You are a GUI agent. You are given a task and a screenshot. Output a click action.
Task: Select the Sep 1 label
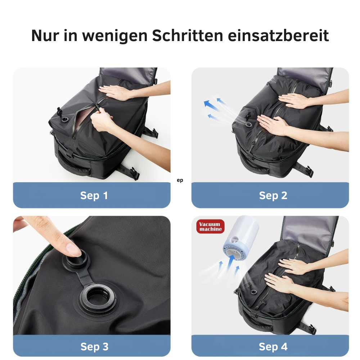tap(94, 196)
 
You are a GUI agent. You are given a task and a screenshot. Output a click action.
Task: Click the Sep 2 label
tap(273, 195)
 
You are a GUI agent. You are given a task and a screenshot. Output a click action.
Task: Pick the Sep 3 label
tap(94, 347)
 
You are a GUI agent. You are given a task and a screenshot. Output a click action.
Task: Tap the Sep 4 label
tap(273, 347)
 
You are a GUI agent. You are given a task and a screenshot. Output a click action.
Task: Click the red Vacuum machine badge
tap(210, 226)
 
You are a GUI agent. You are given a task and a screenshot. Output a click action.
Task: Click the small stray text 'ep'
tap(180, 180)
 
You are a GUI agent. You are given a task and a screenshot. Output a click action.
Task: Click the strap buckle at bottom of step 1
tap(134, 173)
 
